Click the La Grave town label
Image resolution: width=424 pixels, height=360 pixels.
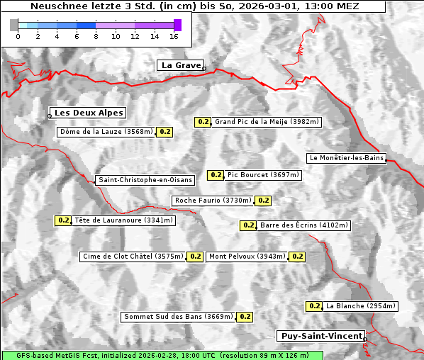point(180,65)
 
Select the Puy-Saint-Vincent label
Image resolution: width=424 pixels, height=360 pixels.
point(321,336)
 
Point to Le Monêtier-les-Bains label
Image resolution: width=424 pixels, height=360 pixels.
point(346,158)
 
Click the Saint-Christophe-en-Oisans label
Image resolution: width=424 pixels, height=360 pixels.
point(145,180)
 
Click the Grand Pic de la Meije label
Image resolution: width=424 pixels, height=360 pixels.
point(267,122)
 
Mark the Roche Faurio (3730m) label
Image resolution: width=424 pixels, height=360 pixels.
point(213,201)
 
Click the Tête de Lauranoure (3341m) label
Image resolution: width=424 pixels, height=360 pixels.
point(123,220)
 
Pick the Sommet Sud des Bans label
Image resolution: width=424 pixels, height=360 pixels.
point(178,317)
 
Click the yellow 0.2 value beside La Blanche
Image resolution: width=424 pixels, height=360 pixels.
point(314,306)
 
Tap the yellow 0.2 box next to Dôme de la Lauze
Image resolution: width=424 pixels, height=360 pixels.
point(164,132)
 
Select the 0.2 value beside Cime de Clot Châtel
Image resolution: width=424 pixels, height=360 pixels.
point(195,257)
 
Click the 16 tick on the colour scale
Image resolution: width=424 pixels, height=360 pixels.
point(174,35)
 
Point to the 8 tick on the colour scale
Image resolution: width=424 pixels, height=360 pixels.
point(96,35)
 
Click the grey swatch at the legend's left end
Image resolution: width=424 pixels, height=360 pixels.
point(14,25)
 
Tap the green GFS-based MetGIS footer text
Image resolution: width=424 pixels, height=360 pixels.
point(162,355)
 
